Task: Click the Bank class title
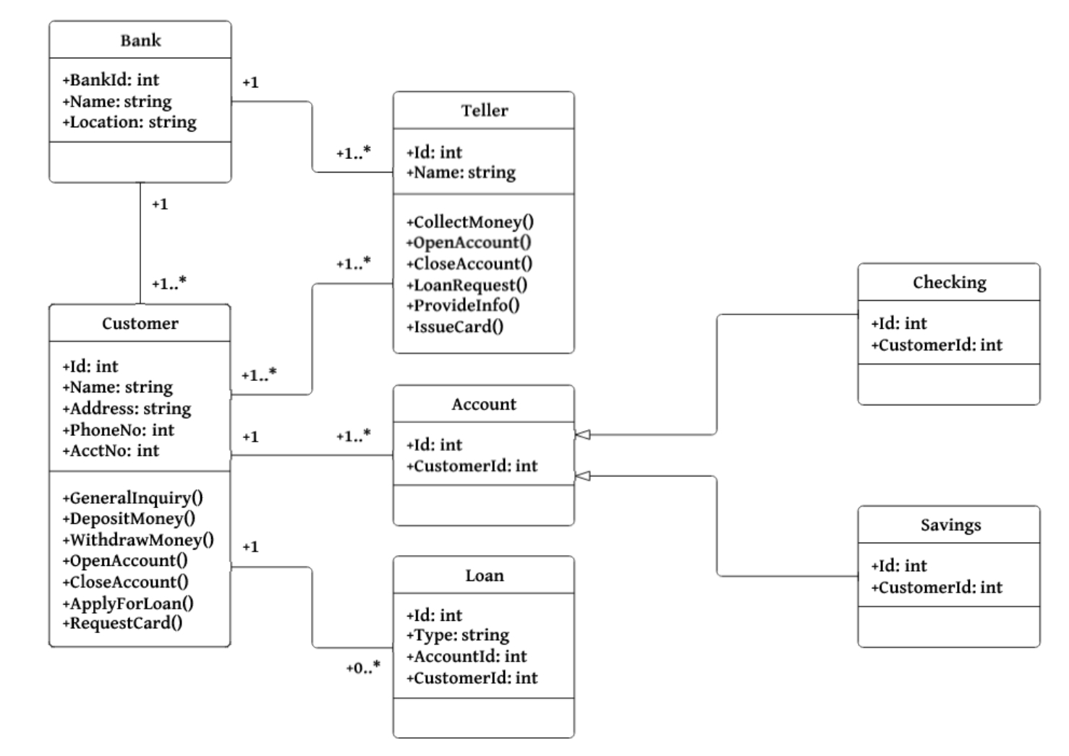pos(140,40)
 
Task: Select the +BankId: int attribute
pos(111,80)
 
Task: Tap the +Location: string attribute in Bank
pos(129,122)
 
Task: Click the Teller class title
pos(485,111)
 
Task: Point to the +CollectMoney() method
pos(470,222)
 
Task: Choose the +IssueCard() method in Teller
pos(455,327)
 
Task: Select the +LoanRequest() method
pos(467,285)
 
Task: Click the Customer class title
pos(140,324)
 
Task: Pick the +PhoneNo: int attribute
pos(119,430)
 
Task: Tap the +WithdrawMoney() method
pos(138,540)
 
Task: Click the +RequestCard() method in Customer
pos(122,623)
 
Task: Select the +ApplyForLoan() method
pos(128,603)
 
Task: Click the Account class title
pos(484,405)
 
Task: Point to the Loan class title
pos(484,576)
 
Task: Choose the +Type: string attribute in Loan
pos(458,635)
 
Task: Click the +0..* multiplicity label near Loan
pos(362,668)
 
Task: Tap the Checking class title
pos(949,283)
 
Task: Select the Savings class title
pos(950,525)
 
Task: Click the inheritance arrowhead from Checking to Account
pos(583,434)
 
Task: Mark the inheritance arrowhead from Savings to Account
pos(583,476)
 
